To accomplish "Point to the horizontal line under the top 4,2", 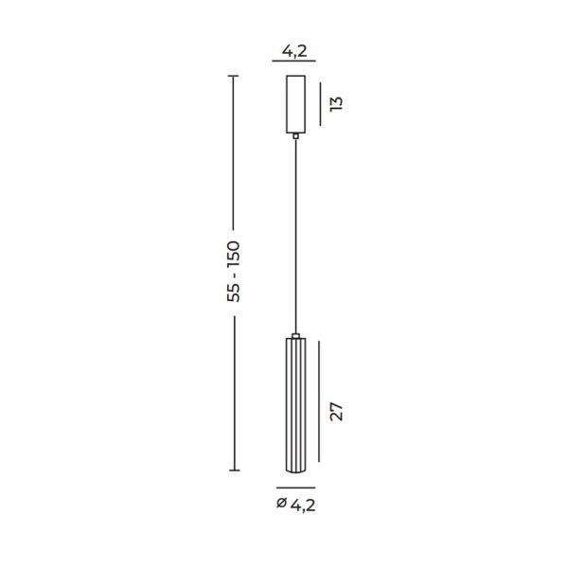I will pos(295,60).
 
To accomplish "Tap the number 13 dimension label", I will pos(336,102).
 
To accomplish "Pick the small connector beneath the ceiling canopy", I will pos(295,135).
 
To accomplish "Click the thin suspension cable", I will pos(295,237).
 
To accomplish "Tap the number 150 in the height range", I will pos(235,254).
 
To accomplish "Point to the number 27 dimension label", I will pos(336,411).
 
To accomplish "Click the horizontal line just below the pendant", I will pos(295,486).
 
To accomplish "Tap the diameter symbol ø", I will pos(280,505).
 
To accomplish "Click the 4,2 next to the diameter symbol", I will pos(302,505).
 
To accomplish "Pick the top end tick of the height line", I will pos(235,73).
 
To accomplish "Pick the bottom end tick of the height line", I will pos(235,470).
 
